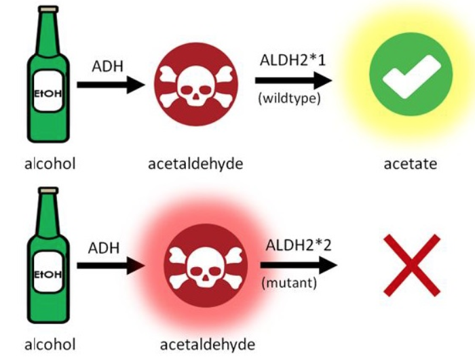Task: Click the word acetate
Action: pos(411,163)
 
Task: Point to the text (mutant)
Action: pos(289,282)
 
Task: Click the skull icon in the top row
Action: pos(196,85)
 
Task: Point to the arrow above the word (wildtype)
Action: pos(293,79)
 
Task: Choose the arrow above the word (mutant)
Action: pos(299,264)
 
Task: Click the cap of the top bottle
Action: pos(47,12)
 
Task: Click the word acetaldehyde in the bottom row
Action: pos(205,344)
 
